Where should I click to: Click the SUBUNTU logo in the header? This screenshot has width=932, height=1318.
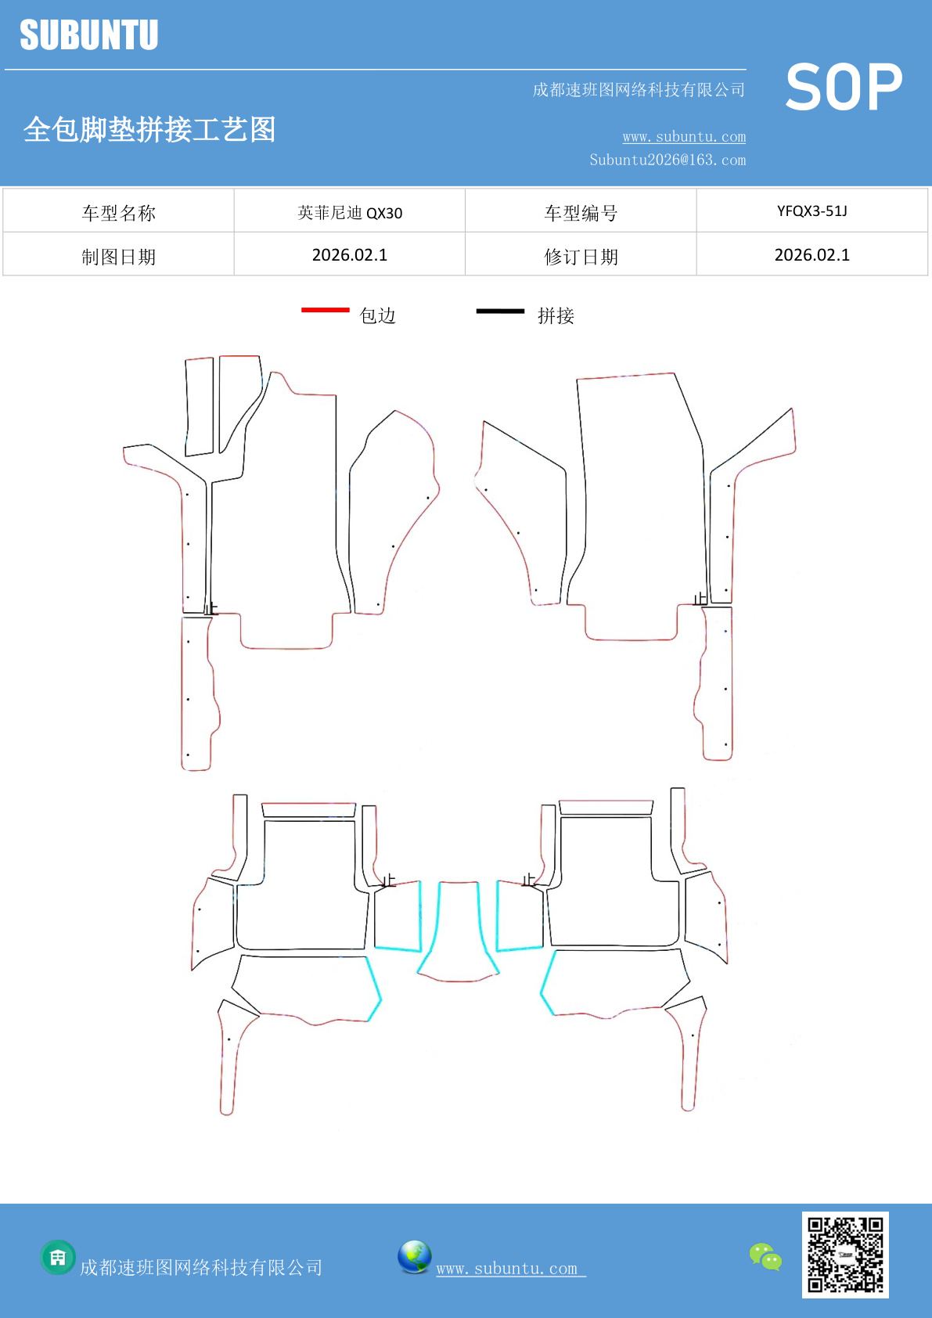[x=89, y=35]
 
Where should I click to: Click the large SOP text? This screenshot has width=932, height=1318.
[x=844, y=88]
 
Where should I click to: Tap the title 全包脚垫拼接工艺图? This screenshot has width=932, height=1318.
[x=149, y=129]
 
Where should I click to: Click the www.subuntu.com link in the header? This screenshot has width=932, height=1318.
[x=684, y=137]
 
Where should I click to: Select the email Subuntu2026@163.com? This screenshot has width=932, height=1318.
[x=668, y=160]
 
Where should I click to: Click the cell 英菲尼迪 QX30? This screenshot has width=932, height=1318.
[x=350, y=213]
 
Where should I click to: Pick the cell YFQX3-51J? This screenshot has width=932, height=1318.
[x=811, y=211]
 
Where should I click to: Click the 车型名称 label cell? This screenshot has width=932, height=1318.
[x=119, y=213]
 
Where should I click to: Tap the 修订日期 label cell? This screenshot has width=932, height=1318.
[x=581, y=257]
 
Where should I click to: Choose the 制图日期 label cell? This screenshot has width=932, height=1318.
[x=119, y=257]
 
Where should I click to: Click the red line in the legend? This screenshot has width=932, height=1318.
[x=325, y=311]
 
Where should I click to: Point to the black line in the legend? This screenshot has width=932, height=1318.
[x=500, y=311]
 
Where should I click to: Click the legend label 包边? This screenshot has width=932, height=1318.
[x=377, y=315]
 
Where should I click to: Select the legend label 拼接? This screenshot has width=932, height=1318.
[x=556, y=315]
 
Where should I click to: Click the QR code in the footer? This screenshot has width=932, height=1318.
[x=845, y=1255]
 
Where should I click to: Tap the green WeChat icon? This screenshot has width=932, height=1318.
[x=765, y=1257]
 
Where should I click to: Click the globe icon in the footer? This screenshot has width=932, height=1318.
[x=414, y=1257]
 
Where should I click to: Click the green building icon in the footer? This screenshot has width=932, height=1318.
[x=58, y=1258]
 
